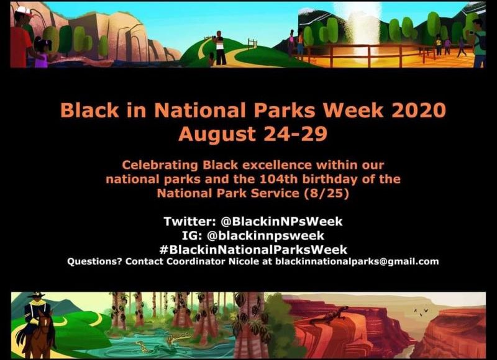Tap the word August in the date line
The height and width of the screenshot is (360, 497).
click(x=217, y=133)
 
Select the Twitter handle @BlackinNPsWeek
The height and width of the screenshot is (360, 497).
click(x=281, y=222)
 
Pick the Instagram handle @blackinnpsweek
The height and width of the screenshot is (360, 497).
click(x=265, y=236)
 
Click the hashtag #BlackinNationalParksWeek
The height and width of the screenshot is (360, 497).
click(x=253, y=250)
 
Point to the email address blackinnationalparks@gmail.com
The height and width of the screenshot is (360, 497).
click(x=357, y=261)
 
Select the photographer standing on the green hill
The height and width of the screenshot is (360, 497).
click(x=220, y=48)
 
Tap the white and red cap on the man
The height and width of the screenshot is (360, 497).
click(x=24, y=11)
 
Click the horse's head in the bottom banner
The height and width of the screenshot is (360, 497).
click(x=48, y=320)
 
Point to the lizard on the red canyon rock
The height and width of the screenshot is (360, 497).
click(x=330, y=315)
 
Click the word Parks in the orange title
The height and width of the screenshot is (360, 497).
click(x=285, y=110)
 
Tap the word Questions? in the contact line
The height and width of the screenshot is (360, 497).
click(x=94, y=261)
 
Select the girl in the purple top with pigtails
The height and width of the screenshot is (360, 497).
click(x=42, y=52)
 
